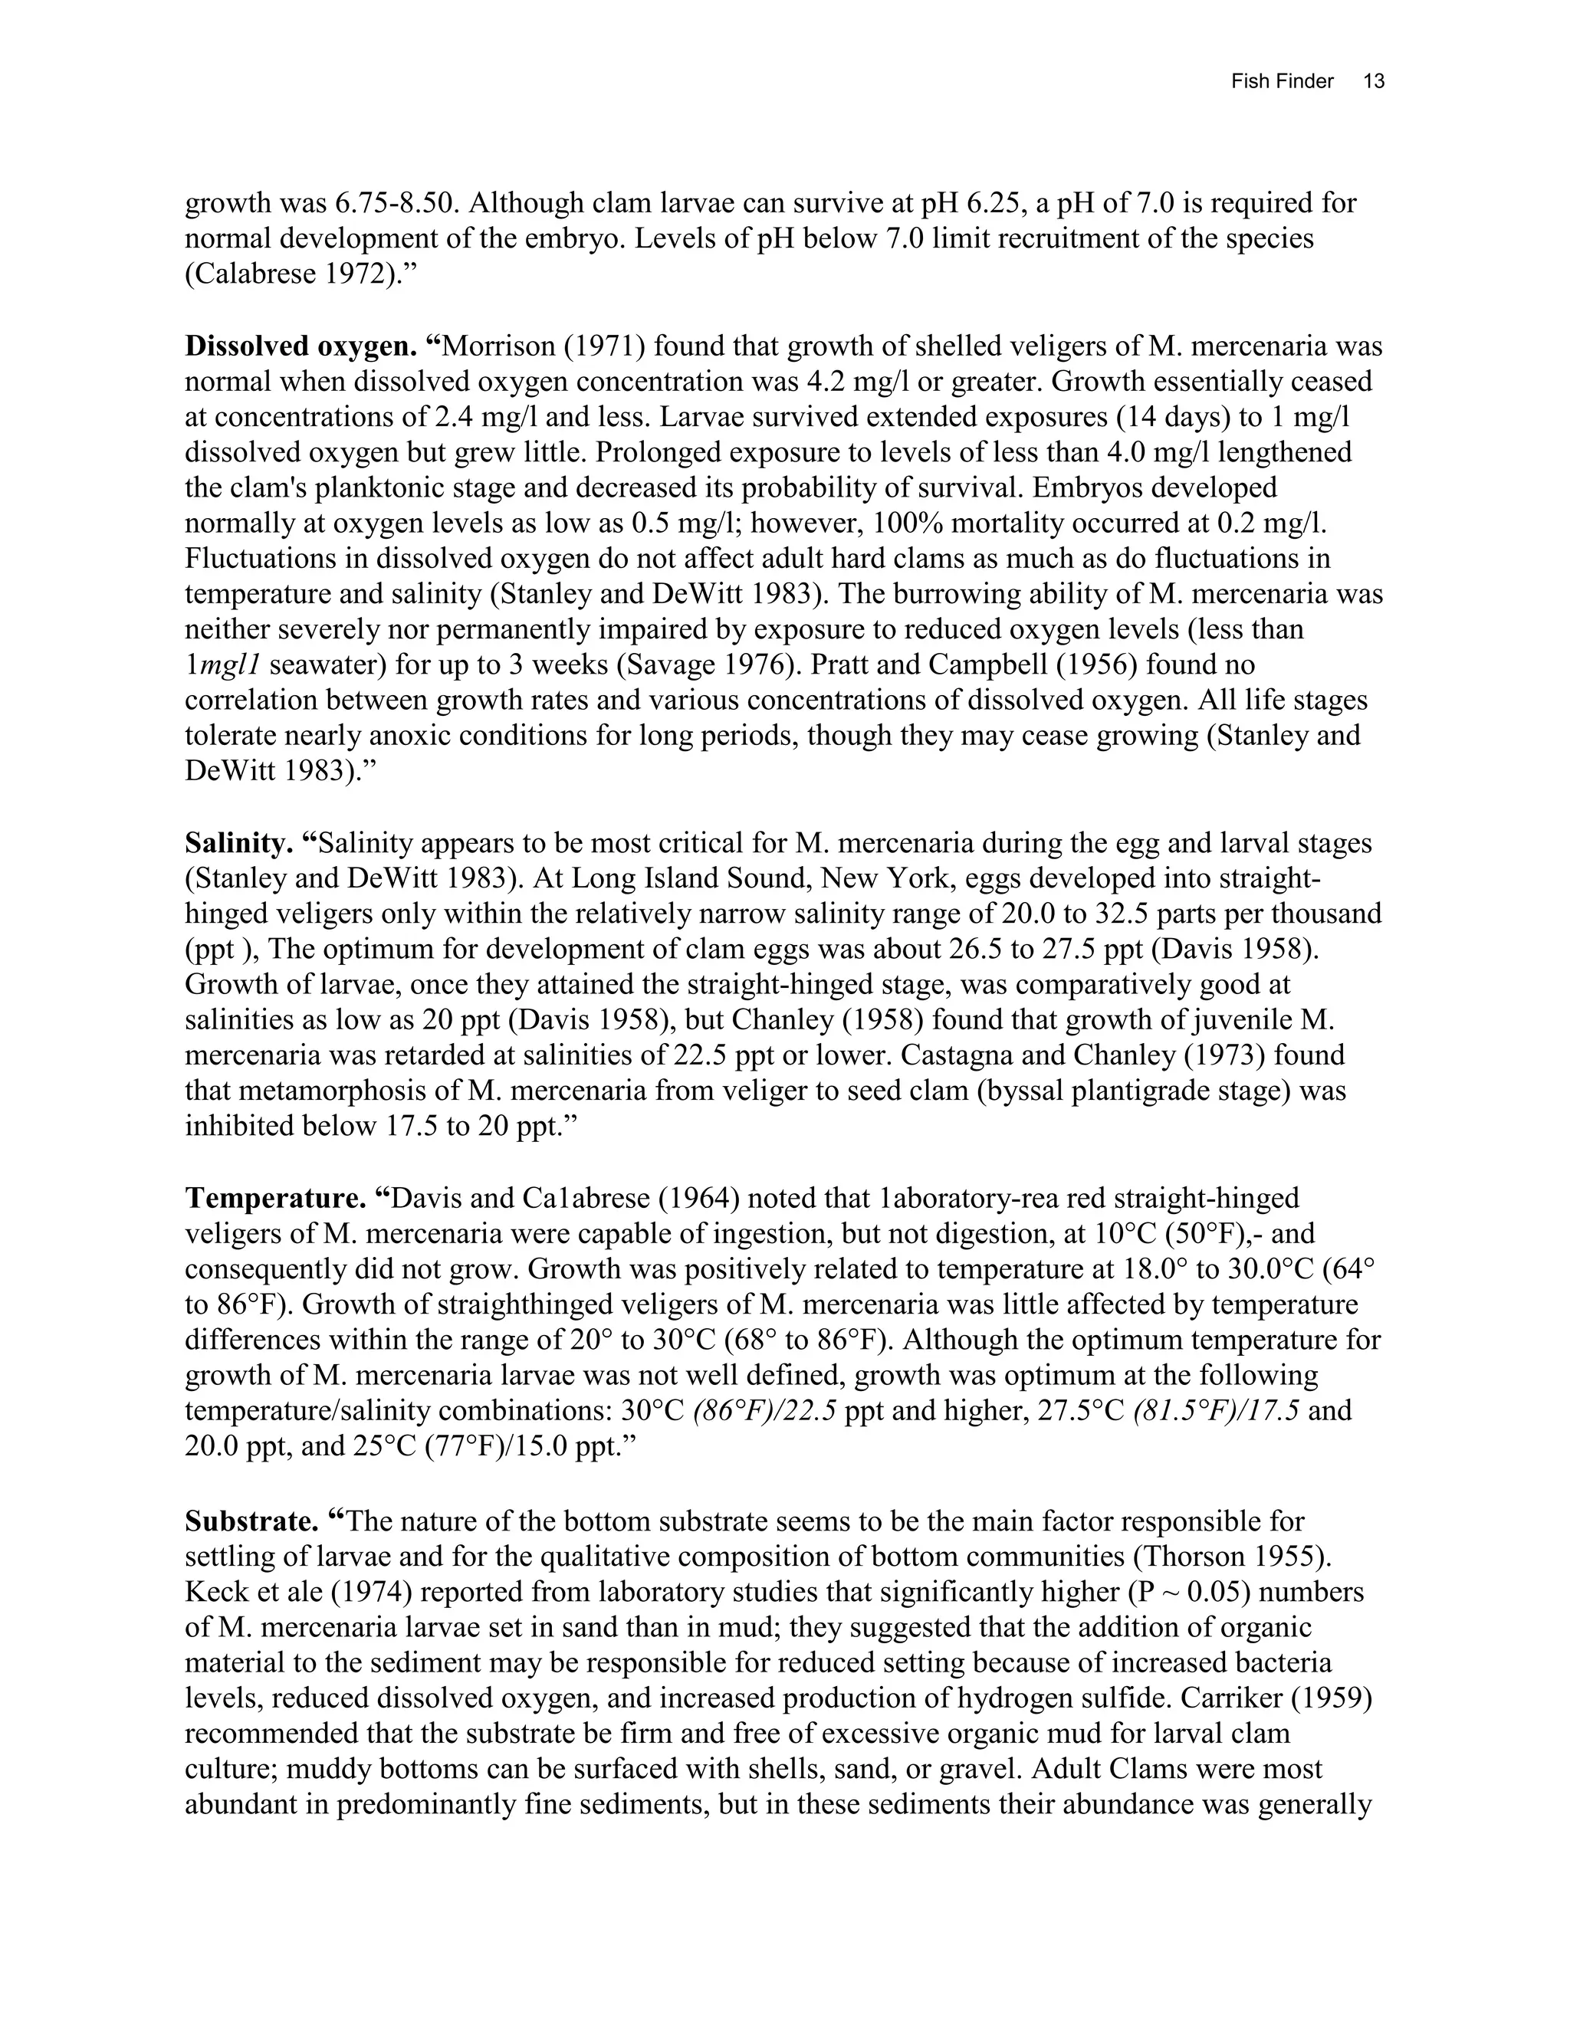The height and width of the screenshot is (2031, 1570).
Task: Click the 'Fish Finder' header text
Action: (1282, 82)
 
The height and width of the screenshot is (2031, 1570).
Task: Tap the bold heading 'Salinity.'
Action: (239, 844)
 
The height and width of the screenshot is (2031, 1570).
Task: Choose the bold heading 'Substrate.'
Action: (251, 1522)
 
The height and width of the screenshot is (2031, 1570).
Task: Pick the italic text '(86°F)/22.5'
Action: (764, 1411)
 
